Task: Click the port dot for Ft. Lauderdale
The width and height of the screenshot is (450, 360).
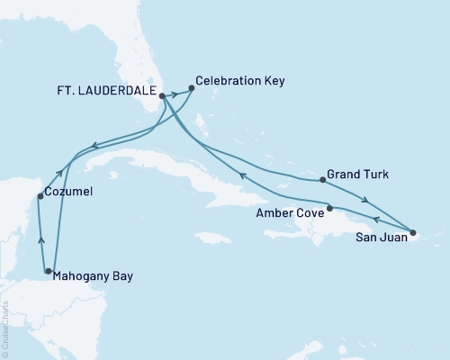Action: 162,95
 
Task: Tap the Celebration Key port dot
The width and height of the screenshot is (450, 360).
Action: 192,88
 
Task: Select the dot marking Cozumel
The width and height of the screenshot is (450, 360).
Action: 39,196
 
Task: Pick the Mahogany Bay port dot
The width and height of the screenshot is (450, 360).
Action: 48,270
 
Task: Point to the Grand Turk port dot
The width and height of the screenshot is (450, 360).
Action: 322,180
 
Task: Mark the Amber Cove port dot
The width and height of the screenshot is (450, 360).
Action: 330,209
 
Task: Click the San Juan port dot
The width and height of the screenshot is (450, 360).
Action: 413,234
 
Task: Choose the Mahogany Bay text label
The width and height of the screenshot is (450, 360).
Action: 94,276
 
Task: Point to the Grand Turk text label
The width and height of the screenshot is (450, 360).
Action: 358,174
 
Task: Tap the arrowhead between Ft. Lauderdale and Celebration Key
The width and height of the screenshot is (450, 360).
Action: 175,93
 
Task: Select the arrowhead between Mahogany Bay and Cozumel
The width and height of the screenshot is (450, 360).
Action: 40,238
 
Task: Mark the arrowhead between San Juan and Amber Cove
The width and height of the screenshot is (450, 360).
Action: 376,220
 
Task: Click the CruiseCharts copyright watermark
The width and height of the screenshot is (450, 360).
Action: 5,328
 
